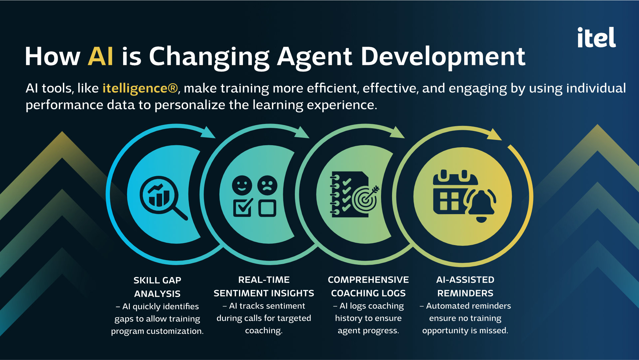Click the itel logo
click(x=596, y=37)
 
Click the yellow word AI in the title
click(x=101, y=56)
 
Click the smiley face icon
click(x=242, y=185)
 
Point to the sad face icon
click(x=267, y=185)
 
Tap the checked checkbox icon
click(x=243, y=207)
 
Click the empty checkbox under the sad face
click(x=267, y=208)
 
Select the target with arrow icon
click(x=366, y=198)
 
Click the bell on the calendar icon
click(x=481, y=205)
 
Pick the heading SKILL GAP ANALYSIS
click(x=157, y=287)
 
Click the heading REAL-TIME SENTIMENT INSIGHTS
click(x=264, y=286)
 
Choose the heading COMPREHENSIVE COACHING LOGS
click(x=368, y=286)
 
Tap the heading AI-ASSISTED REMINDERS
click(x=465, y=286)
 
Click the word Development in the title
click(x=443, y=57)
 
